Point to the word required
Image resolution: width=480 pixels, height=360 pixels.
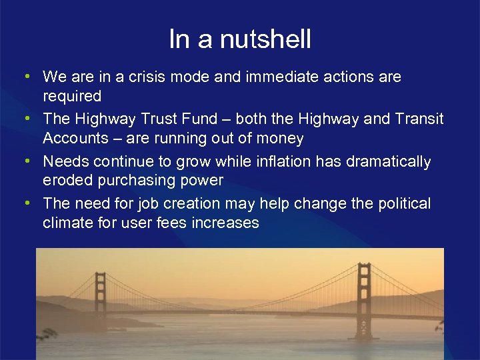click(72, 97)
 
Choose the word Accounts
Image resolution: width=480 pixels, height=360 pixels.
click(73, 139)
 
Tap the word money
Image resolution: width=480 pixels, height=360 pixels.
click(279, 139)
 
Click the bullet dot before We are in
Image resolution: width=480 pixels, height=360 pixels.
click(25, 77)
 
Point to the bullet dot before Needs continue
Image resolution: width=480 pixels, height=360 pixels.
click(25, 161)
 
